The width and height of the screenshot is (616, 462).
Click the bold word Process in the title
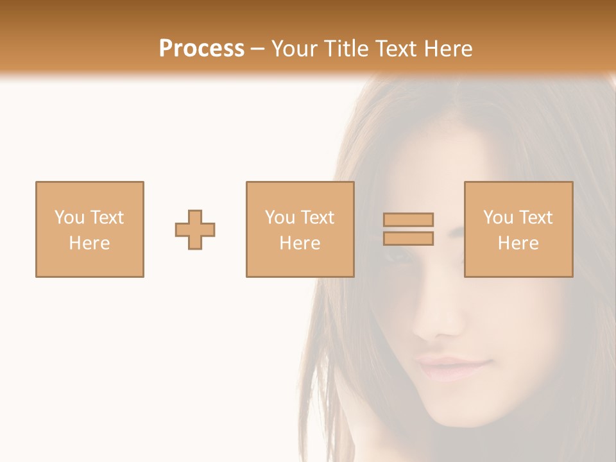201,49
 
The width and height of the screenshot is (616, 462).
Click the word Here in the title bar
449,49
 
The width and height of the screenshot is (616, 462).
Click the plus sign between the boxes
195,230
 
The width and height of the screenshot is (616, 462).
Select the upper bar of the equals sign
409,219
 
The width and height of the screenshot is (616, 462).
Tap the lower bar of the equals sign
409,239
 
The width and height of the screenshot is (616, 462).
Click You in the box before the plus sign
69,218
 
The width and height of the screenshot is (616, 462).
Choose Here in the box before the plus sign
89,243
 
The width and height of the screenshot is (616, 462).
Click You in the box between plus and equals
279,218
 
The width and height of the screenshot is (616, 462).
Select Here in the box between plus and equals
300,243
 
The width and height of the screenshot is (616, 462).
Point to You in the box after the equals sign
497,218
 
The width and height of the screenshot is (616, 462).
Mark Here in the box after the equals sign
518,243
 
